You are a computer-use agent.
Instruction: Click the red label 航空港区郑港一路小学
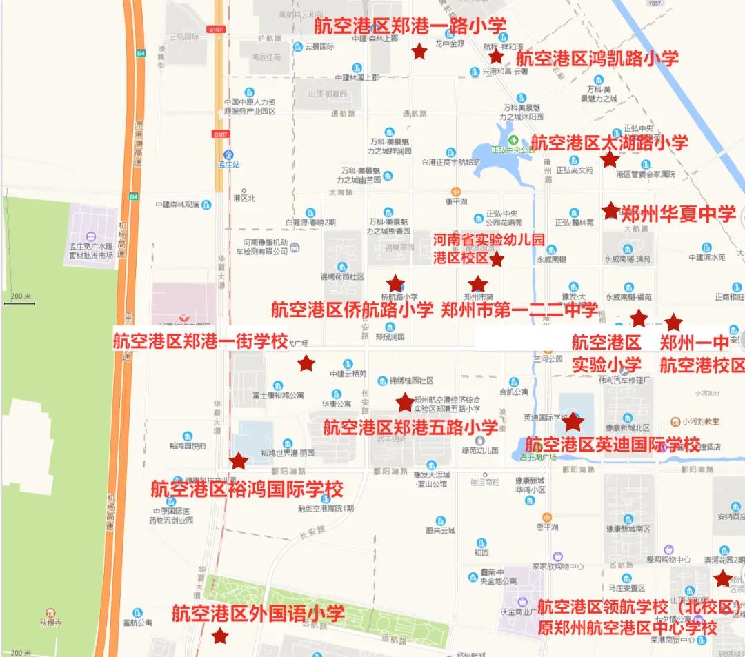[410, 26]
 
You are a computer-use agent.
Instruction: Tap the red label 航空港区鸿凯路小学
[597, 58]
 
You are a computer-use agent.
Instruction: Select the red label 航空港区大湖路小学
[610, 143]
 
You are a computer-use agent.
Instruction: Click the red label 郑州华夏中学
[679, 214]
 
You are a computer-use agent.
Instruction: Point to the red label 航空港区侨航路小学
[352, 310]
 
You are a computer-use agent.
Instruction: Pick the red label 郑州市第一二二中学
[519, 310]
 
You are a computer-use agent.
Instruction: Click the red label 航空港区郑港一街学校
[200, 342]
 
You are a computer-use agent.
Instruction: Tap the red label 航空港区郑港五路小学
[410, 427]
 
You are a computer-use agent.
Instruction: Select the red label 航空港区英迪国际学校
[613, 444]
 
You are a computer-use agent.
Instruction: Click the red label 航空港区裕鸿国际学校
[247, 489]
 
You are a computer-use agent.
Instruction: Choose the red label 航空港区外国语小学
[258, 613]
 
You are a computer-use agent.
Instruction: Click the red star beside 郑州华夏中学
[610, 210]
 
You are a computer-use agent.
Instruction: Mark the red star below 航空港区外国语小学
[220, 636]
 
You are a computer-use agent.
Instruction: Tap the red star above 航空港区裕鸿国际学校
[239, 461]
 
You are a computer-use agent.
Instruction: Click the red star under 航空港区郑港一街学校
[306, 363]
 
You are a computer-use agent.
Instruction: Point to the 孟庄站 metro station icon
[228, 154]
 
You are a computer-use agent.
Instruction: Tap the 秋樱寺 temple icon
[50, 612]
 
